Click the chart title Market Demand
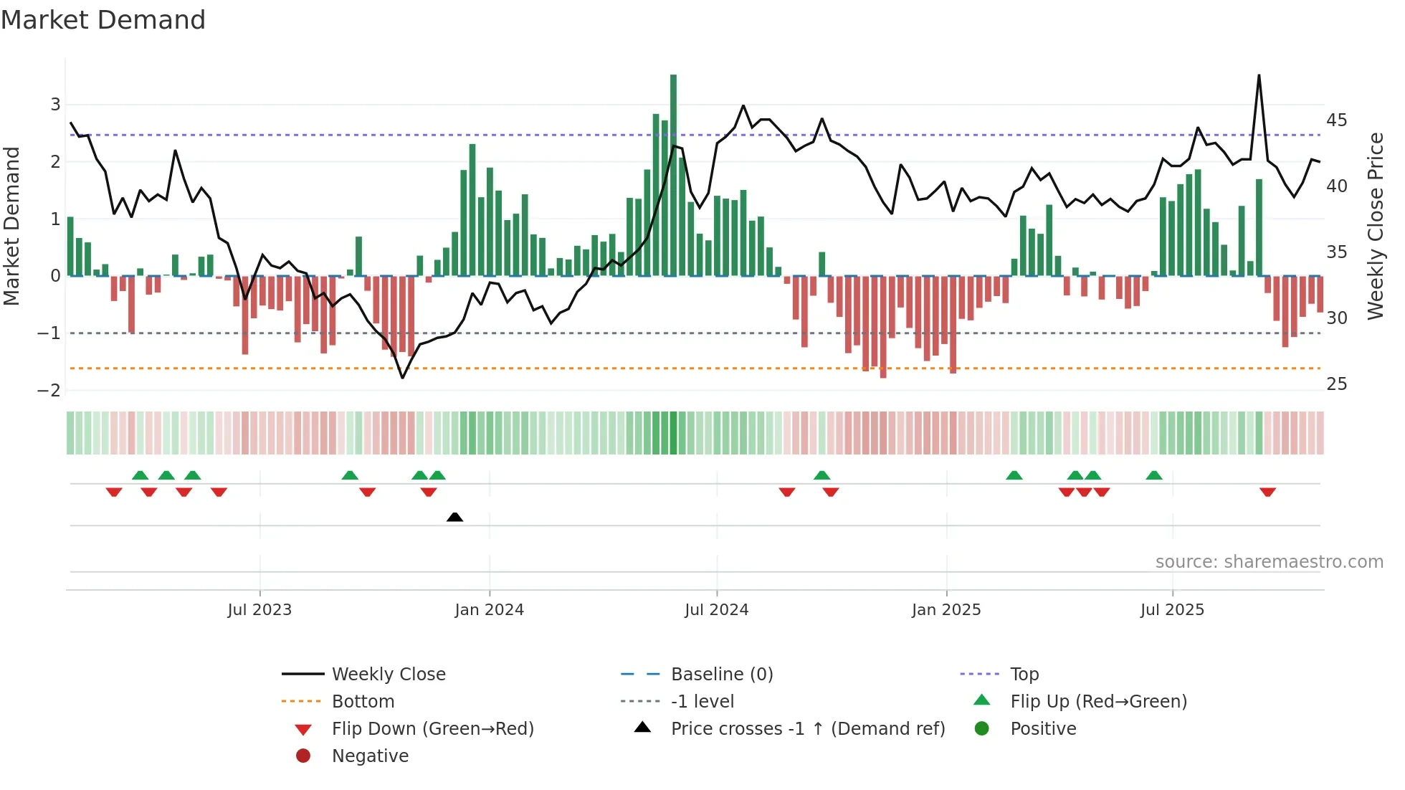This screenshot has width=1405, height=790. click(x=103, y=20)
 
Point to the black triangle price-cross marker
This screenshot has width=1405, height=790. click(x=454, y=517)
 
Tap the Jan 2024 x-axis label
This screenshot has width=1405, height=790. click(x=489, y=610)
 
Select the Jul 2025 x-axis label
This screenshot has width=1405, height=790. click(x=1172, y=610)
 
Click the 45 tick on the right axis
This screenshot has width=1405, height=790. click(x=1336, y=120)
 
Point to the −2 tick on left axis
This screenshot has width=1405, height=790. click(x=49, y=391)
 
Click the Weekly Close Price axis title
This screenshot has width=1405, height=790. click(x=1375, y=226)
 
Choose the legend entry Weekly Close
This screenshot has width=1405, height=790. click(x=388, y=675)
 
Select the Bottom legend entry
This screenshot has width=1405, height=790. click(x=363, y=702)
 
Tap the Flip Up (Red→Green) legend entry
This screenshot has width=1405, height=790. click(x=1098, y=702)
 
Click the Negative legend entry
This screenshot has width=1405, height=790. click(x=370, y=756)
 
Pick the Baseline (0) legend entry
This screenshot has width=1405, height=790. click(x=721, y=675)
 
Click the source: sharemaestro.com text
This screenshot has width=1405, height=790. click(x=1269, y=562)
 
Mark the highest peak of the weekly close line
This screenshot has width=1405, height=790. click(x=1259, y=76)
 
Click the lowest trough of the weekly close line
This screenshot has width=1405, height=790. click(x=402, y=377)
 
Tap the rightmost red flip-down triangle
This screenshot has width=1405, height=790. click(x=1267, y=492)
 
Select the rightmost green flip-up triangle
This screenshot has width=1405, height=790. click(x=1153, y=475)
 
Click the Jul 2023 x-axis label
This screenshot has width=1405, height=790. click(x=259, y=610)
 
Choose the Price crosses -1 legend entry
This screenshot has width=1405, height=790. click(x=807, y=729)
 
